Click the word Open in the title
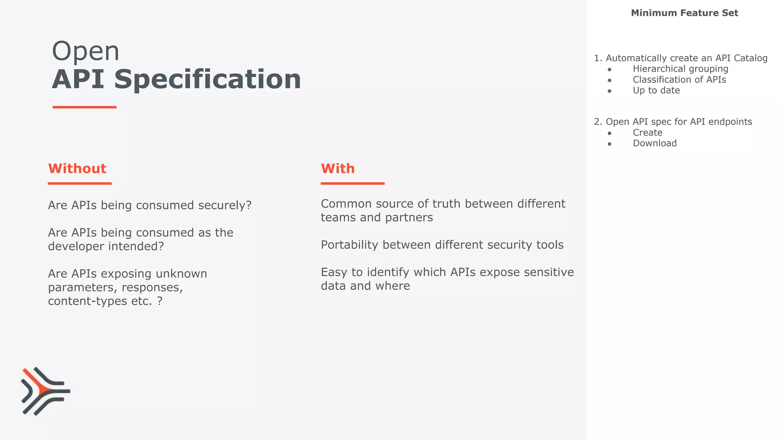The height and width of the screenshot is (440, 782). click(x=86, y=51)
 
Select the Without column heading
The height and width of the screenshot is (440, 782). click(x=77, y=168)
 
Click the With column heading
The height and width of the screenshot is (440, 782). click(x=338, y=168)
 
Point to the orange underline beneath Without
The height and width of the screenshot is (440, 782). click(x=79, y=183)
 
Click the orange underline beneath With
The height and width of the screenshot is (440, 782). click(x=352, y=183)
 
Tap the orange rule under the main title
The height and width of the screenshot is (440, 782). click(x=84, y=107)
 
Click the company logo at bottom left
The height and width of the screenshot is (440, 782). click(x=45, y=391)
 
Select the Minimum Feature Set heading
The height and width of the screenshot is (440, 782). click(x=684, y=13)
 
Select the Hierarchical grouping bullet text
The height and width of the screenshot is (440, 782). click(x=680, y=69)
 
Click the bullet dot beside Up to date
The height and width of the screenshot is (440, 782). click(x=609, y=91)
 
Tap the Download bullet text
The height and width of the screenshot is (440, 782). click(x=654, y=143)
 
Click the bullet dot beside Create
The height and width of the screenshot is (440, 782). click(x=609, y=133)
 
